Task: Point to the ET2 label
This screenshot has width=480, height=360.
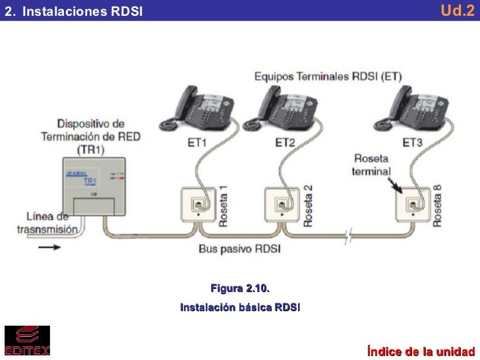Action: pyautogui.click(x=285, y=142)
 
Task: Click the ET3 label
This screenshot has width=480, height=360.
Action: pyautogui.click(x=413, y=142)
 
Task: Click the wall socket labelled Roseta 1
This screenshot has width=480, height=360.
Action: pyautogui.click(x=198, y=205)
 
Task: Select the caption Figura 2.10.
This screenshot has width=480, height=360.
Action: pyautogui.click(x=240, y=289)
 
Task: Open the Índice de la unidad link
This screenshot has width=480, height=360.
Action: pyautogui.click(x=421, y=349)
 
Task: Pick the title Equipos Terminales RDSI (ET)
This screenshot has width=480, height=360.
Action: pyautogui.click(x=328, y=76)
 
